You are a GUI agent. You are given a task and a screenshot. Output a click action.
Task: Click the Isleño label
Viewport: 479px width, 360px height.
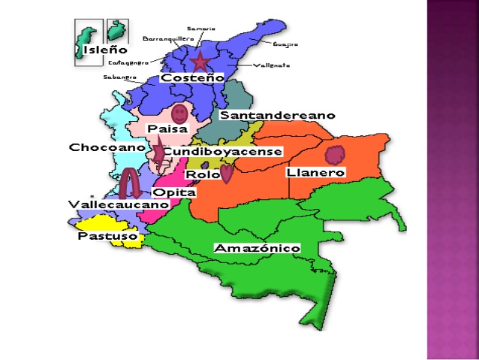[x=94, y=50]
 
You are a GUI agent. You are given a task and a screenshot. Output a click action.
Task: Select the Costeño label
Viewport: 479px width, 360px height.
[x=192, y=77]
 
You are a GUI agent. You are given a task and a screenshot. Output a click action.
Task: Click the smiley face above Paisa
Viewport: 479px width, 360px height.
[x=179, y=114]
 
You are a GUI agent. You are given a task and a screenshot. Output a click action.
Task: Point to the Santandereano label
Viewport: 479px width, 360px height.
[x=276, y=116]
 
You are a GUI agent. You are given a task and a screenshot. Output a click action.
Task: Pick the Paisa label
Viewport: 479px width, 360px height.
[x=167, y=129]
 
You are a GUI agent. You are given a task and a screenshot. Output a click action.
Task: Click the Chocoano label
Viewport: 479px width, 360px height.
[x=107, y=147]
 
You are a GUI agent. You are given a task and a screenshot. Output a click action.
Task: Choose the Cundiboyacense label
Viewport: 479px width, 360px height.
[x=222, y=152]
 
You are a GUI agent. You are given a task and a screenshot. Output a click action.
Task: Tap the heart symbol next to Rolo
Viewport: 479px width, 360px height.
[x=226, y=174]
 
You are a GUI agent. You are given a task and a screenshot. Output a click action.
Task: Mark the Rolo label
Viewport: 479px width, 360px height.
[x=202, y=174]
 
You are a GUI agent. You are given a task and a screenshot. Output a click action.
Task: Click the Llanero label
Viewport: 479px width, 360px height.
[x=315, y=173]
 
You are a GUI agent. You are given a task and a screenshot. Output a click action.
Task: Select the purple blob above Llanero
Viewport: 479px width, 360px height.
[x=335, y=155]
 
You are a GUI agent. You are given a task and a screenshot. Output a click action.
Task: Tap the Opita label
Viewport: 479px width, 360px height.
[x=174, y=192]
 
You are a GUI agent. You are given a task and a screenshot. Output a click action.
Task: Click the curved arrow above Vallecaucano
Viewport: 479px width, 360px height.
[x=131, y=183]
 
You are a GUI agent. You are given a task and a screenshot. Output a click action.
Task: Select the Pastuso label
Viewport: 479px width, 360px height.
[x=107, y=236]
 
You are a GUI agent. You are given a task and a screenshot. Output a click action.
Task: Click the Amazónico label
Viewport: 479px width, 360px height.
[x=257, y=248]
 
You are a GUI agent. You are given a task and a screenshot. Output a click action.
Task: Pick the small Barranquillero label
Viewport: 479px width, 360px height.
[x=168, y=38]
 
